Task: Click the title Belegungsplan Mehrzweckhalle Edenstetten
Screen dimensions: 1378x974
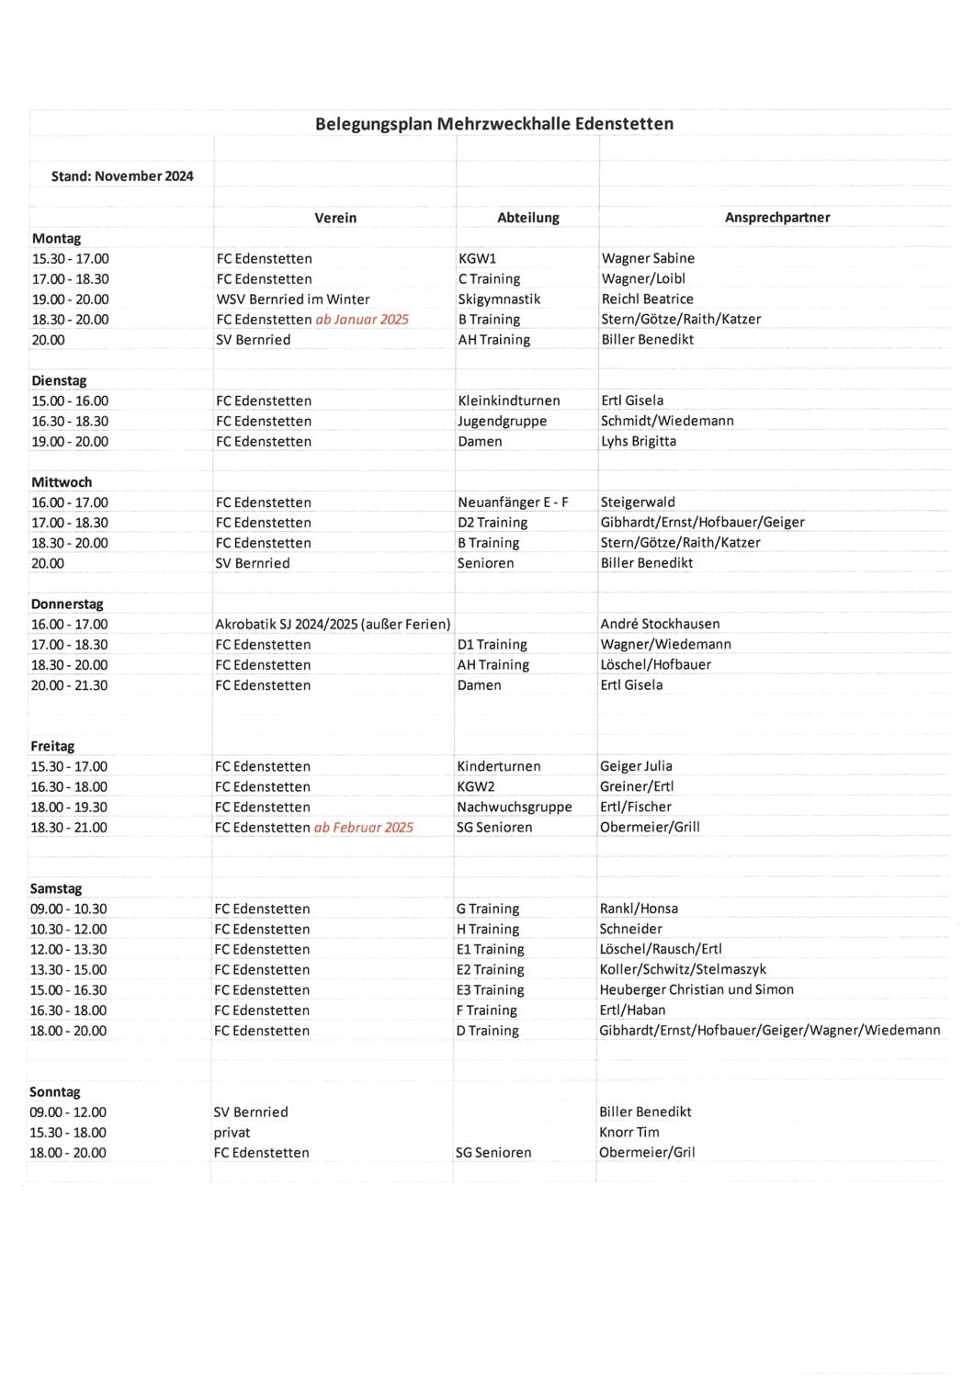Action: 493,124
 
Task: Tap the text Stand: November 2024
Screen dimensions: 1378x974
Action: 122,176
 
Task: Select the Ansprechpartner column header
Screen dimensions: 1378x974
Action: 776,218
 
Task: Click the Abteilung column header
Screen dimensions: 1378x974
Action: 527,218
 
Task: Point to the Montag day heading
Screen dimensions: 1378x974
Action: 56,239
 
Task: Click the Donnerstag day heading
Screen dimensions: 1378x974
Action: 67,604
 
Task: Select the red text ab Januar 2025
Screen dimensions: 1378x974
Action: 362,320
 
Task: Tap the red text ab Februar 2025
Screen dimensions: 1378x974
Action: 363,828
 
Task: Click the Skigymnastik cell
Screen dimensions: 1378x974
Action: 499,299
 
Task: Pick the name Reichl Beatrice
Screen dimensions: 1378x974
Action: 647,299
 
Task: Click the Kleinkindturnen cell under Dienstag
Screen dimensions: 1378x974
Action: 508,401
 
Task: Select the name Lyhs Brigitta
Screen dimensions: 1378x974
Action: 638,441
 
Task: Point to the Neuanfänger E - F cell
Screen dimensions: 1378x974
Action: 513,503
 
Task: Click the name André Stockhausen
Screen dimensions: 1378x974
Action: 660,624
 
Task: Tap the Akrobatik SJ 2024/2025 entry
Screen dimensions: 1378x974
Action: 333,625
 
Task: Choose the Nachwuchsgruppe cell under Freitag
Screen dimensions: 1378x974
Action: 514,808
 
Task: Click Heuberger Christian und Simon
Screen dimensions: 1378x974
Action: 696,990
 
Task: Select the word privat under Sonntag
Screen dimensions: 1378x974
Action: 232,1133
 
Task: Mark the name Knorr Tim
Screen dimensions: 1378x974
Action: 629,1133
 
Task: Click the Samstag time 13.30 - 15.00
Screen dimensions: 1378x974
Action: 68,970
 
